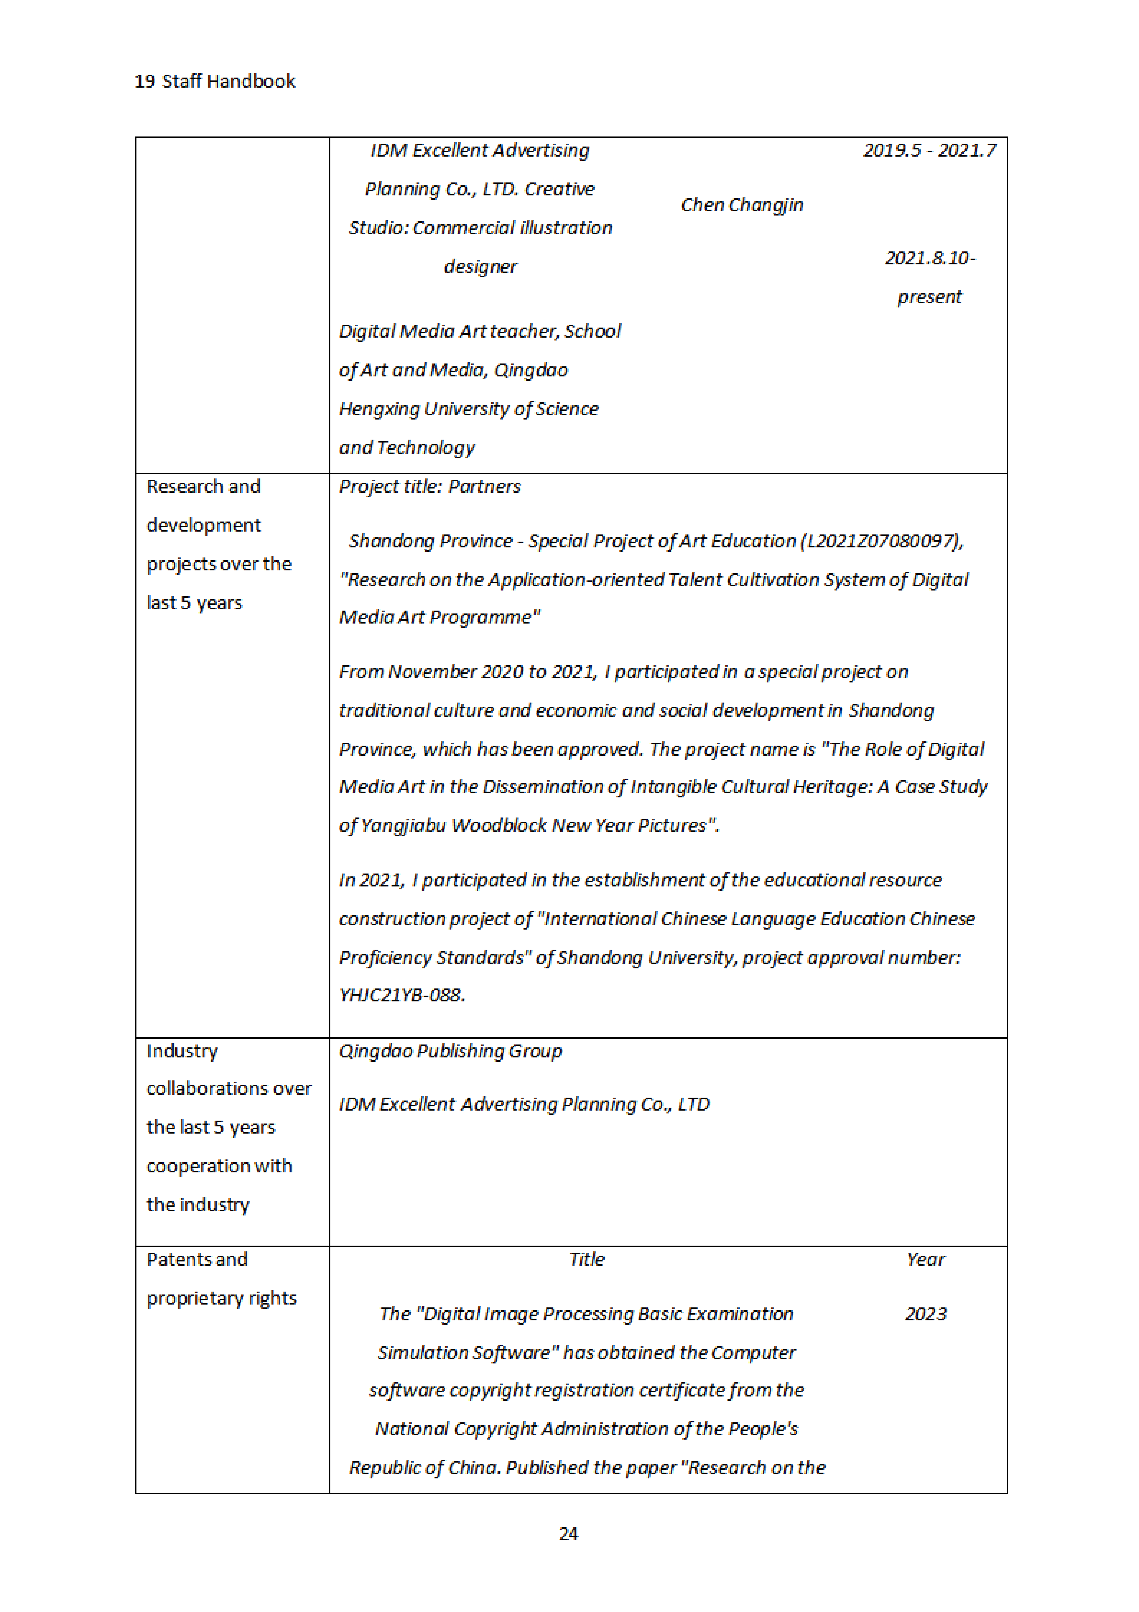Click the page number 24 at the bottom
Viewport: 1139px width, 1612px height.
[568, 1533]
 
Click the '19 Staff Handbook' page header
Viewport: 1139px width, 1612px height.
[215, 82]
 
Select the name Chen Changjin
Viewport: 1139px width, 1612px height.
[742, 205]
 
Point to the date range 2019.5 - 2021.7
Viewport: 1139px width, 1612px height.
[929, 150]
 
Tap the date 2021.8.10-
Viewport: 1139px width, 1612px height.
[930, 258]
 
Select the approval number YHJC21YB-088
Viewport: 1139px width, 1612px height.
[401, 995]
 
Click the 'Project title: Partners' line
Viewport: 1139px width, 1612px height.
[429, 487]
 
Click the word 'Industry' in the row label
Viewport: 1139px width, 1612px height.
[182, 1051]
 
